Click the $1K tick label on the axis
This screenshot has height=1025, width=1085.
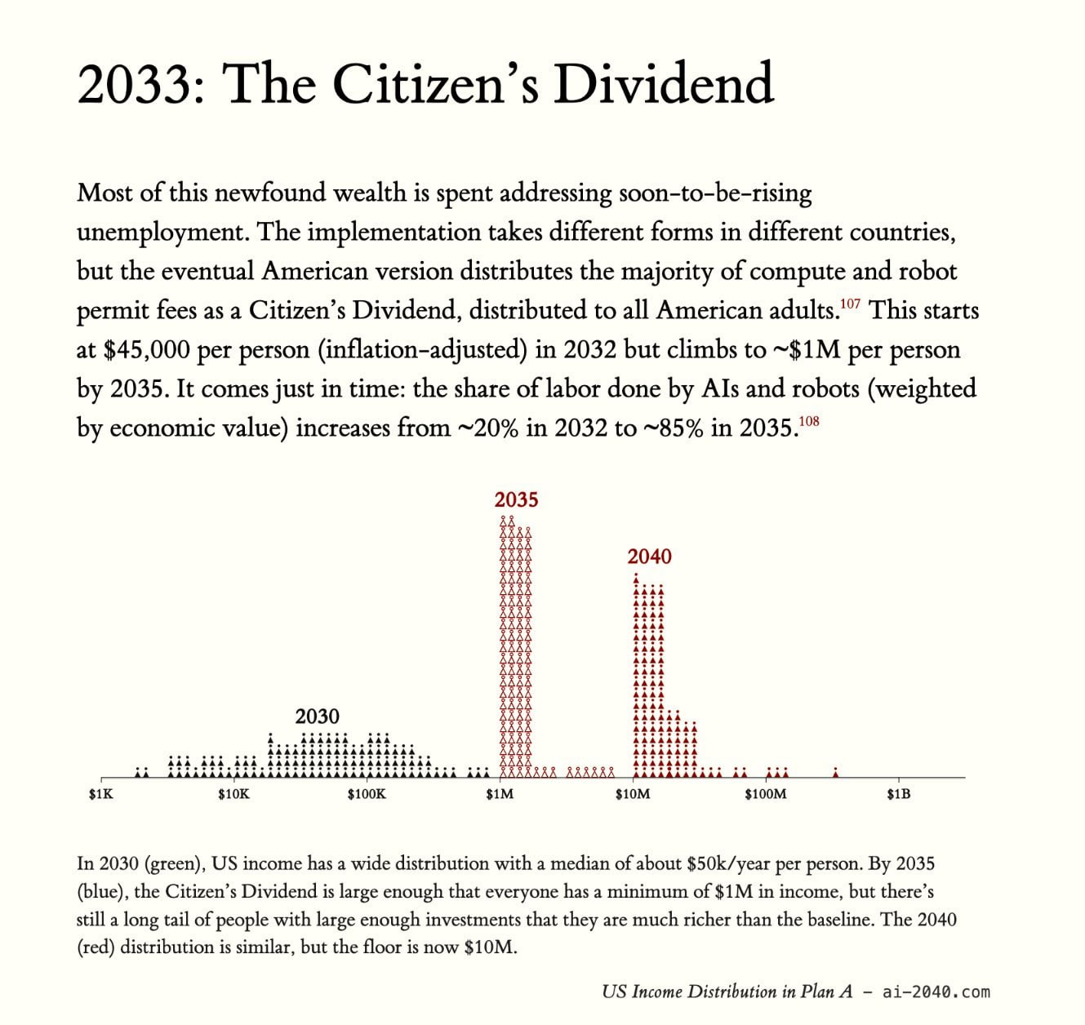point(101,794)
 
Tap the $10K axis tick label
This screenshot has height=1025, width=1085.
point(233,794)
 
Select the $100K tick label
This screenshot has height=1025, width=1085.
point(367,794)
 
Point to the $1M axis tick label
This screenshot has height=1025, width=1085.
point(500,794)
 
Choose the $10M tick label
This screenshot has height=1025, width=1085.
point(633,794)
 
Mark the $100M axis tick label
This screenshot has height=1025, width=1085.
point(766,794)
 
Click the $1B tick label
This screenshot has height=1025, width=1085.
point(899,794)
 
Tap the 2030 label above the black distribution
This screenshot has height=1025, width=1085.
point(317,717)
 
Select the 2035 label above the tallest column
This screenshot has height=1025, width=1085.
point(516,500)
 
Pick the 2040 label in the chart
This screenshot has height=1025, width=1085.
point(649,557)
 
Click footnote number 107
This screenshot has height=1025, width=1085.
point(850,304)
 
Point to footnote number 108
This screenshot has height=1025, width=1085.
point(809,421)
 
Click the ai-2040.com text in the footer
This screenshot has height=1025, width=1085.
point(936,991)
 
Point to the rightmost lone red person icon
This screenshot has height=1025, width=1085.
point(835,771)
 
